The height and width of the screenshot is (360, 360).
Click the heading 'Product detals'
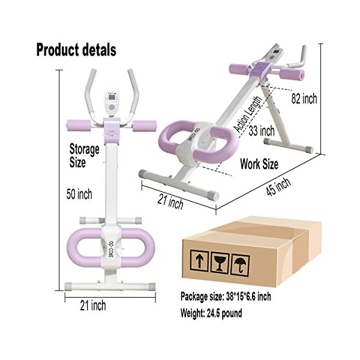click(76, 49)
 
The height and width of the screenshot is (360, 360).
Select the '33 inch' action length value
click(262, 131)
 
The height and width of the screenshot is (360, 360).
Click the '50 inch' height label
click(79, 194)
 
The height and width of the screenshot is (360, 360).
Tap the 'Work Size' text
click(259, 163)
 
